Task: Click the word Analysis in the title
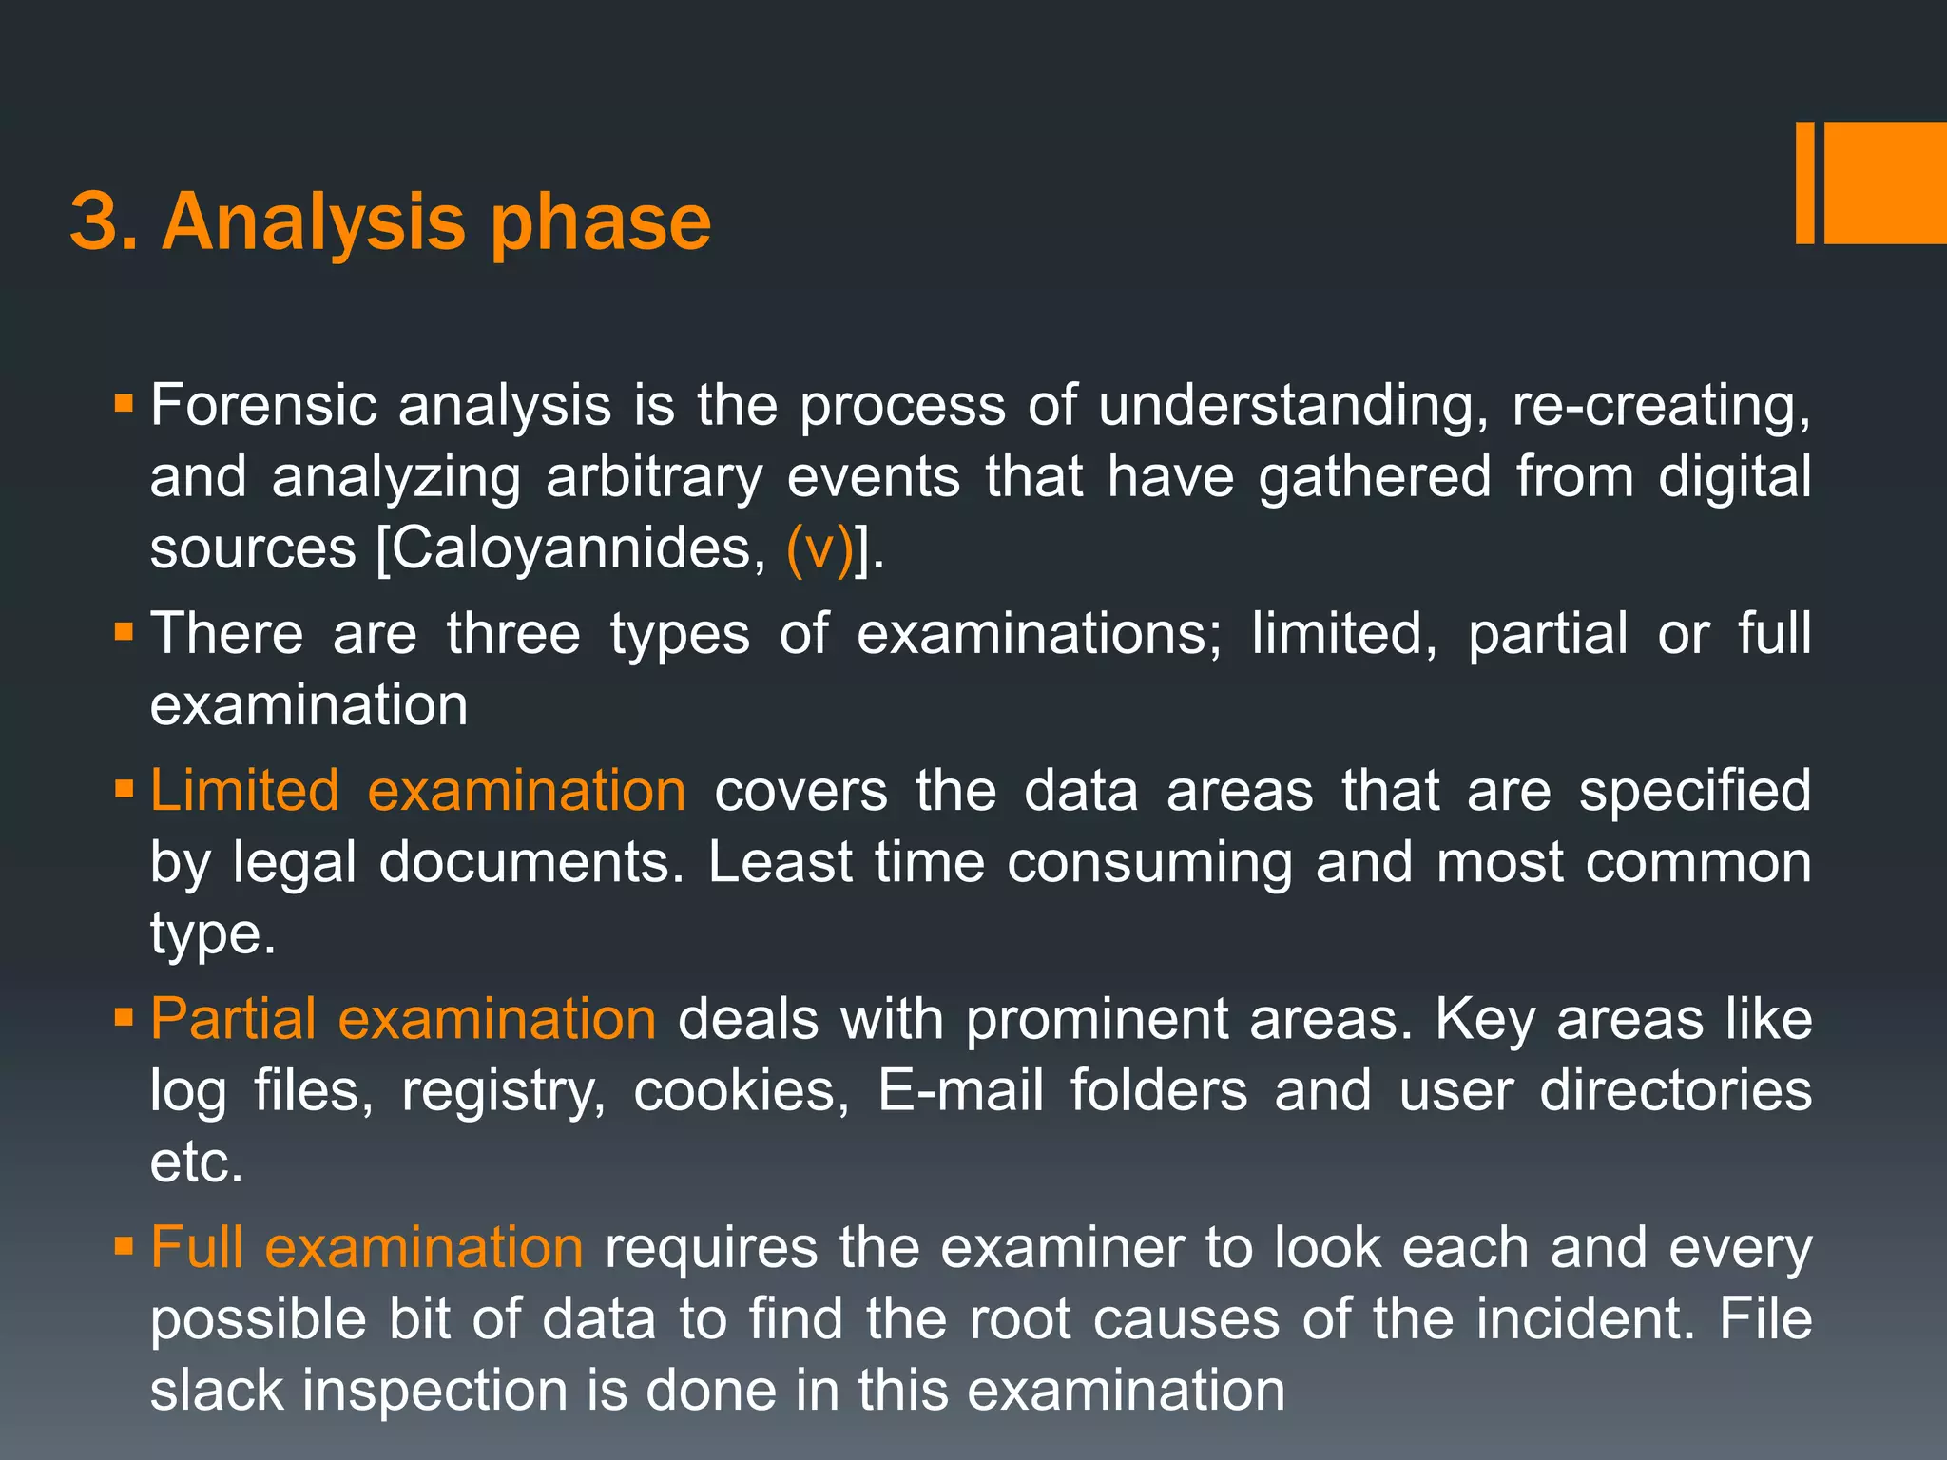(314, 222)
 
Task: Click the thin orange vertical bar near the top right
(1804, 182)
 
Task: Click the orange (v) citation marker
(819, 548)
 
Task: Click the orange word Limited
(244, 790)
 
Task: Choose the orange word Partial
(233, 1018)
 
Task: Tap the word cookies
(741, 1090)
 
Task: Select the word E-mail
(960, 1090)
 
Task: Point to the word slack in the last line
(217, 1390)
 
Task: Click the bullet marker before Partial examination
(124, 1018)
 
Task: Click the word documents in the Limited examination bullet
(530, 862)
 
